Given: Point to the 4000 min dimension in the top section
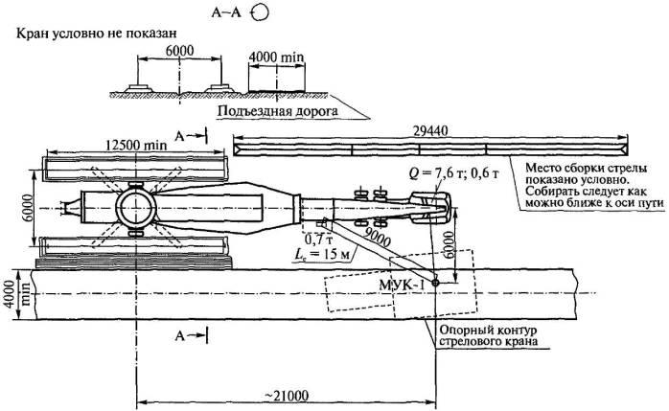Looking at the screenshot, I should tap(276, 58).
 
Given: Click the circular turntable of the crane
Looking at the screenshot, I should tap(135, 208).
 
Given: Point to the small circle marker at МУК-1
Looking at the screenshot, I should tap(434, 282).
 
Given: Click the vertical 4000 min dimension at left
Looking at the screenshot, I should tap(11, 288).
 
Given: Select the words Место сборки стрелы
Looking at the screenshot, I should tap(581, 168).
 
